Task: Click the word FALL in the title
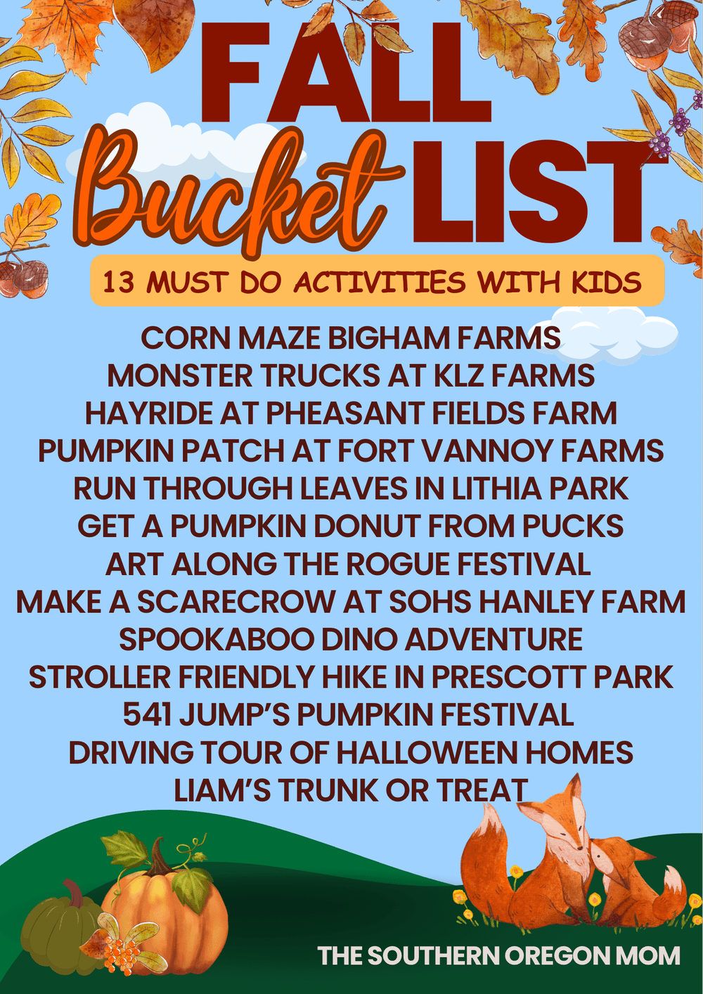344,74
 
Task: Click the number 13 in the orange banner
118,283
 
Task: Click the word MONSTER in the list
179,376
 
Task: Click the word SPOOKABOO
216,640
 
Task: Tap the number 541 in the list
147,715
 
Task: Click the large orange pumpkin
165,914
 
